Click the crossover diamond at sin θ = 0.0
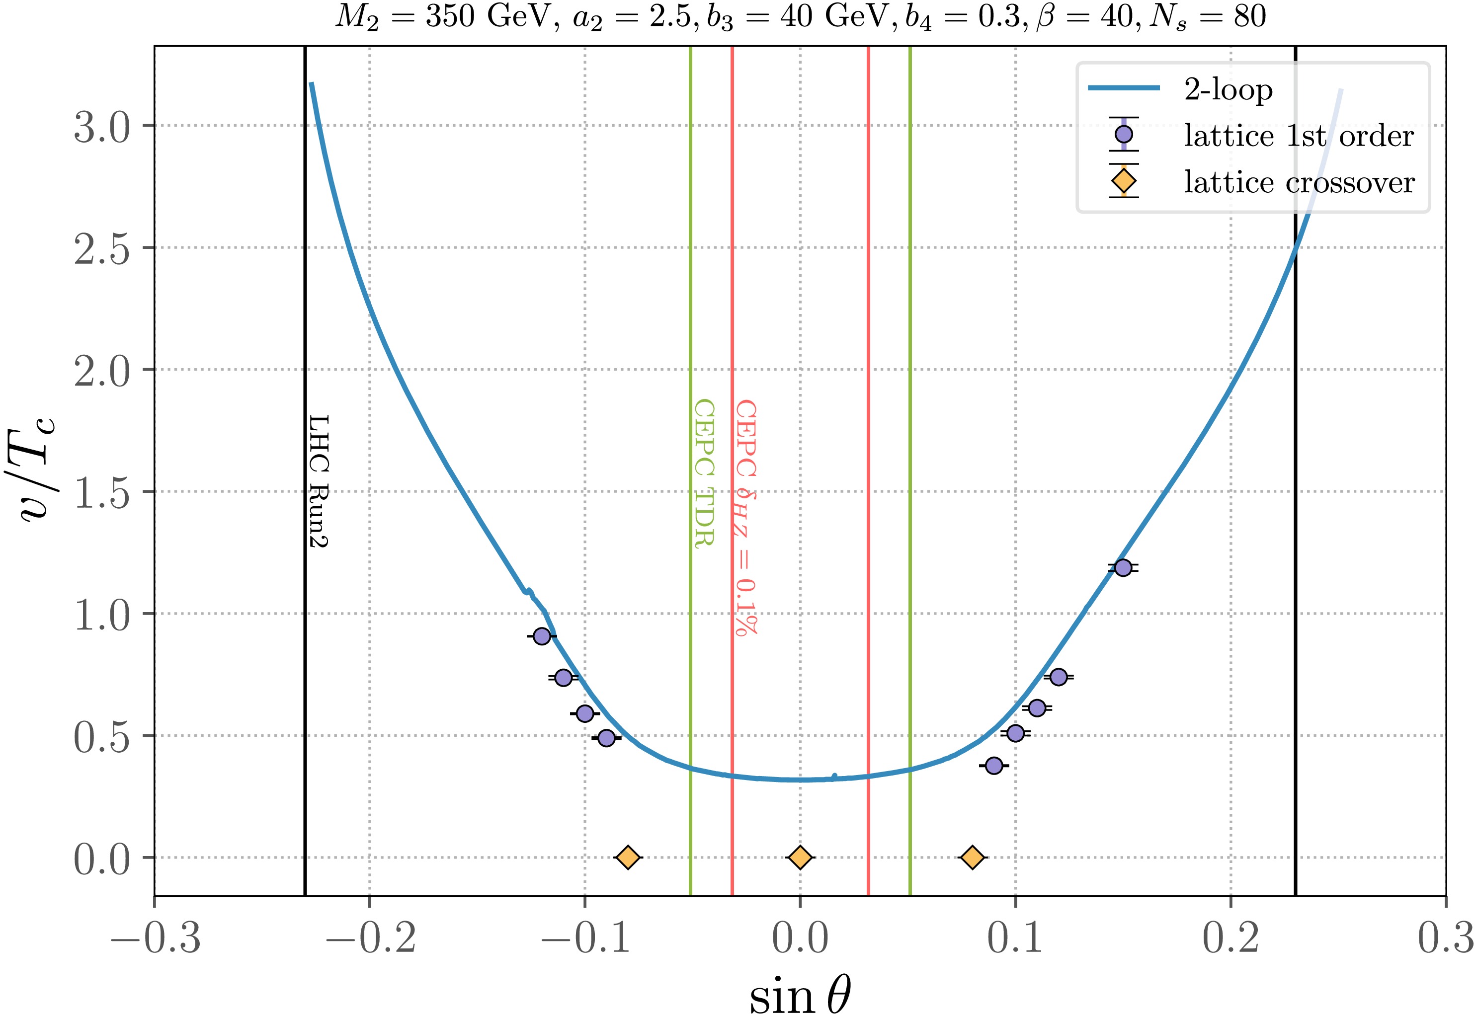click(x=800, y=858)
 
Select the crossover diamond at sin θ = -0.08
click(x=628, y=858)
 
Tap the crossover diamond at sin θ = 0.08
click(x=972, y=858)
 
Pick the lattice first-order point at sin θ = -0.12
click(x=542, y=636)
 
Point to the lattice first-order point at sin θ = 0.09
click(x=994, y=765)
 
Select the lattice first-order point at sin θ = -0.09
click(x=606, y=738)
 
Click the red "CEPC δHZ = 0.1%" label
click(x=745, y=517)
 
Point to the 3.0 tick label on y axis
click(x=102, y=127)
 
